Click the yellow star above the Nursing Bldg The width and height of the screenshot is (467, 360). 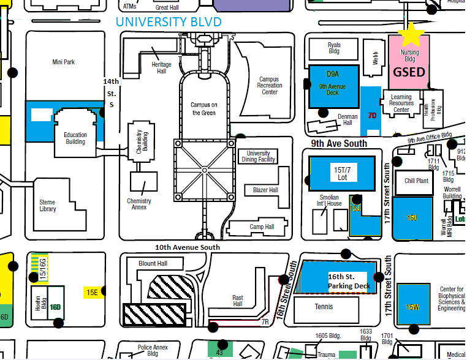tap(412, 36)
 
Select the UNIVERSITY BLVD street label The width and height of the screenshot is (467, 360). tap(169, 22)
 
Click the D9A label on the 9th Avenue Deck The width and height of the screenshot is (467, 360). tap(332, 73)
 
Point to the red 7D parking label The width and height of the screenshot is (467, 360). tap(372, 114)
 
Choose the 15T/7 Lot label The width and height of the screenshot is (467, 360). tap(342, 172)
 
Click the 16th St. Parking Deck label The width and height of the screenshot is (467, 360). tap(349, 281)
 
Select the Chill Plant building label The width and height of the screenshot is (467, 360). tap(416, 181)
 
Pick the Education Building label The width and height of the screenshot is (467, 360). tap(75, 138)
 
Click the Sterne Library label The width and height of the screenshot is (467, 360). tap(47, 206)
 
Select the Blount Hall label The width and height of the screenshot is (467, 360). tap(153, 263)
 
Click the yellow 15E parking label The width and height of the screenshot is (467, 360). tap(92, 292)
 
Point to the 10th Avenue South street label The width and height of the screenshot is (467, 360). tap(187, 247)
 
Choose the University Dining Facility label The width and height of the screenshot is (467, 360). tap(258, 156)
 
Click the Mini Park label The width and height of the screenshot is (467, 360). tap(64, 62)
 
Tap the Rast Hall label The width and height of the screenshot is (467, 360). tap(238, 301)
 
